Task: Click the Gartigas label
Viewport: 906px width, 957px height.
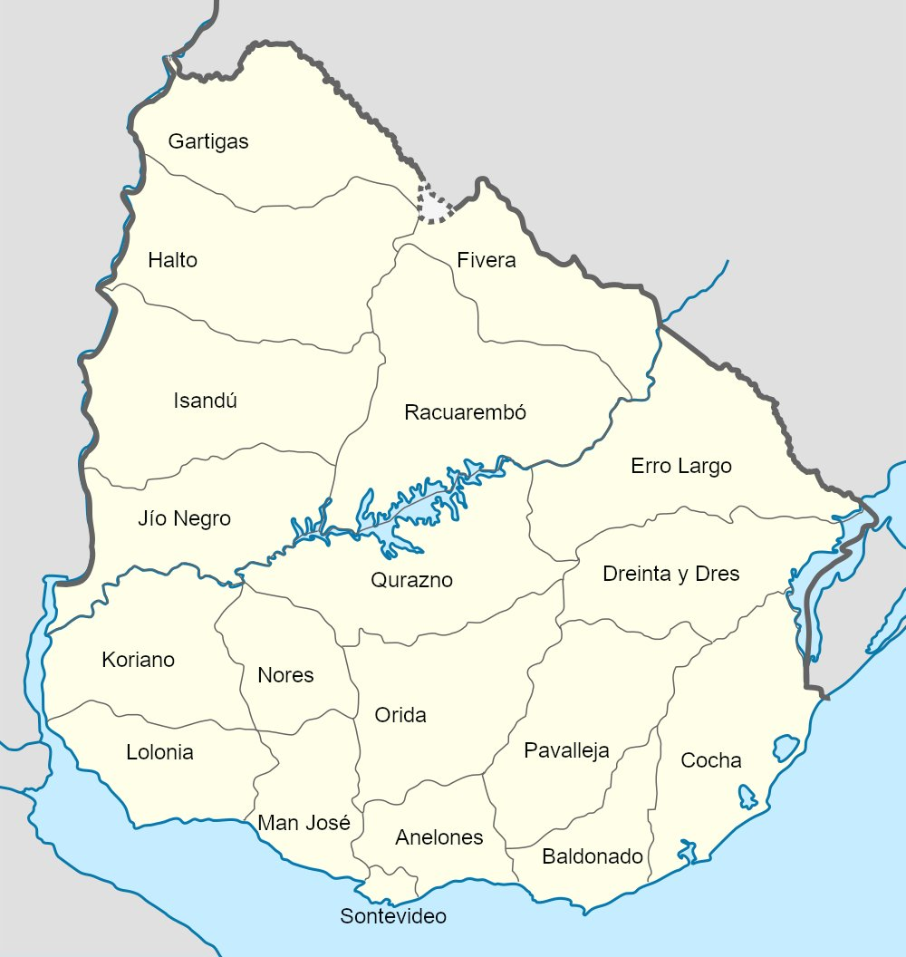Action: (x=208, y=142)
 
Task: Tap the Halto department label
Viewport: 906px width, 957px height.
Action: (x=172, y=261)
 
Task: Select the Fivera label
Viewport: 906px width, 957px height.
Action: (x=487, y=261)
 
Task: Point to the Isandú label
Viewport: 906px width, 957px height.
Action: (x=206, y=401)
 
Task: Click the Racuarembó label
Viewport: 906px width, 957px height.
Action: (x=465, y=413)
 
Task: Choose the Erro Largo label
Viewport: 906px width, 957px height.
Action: (x=681, y=467)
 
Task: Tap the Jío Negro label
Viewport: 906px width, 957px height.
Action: (x=184, y=519)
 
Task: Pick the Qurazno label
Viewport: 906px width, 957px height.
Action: (x=411, y=581)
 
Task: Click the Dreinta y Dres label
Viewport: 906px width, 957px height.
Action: (x=671, y=575)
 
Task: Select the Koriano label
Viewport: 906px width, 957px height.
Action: (x=139, y=661)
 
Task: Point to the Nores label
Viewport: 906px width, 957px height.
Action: (x=285, y=676)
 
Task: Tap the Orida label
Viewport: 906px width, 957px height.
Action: (x=400, y=716)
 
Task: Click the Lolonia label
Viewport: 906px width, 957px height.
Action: (x=159, y=753)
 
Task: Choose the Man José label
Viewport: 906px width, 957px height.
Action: (x=304, y=824)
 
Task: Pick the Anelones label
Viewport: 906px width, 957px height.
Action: (x=439, y=838)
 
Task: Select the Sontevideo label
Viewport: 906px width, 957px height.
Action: (x=393, y=917)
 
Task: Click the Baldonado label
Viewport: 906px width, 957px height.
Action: (x=593, y=857)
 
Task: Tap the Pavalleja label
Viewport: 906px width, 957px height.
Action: (x=566, y=751)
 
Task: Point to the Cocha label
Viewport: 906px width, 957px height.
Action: (x=711, y=761)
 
